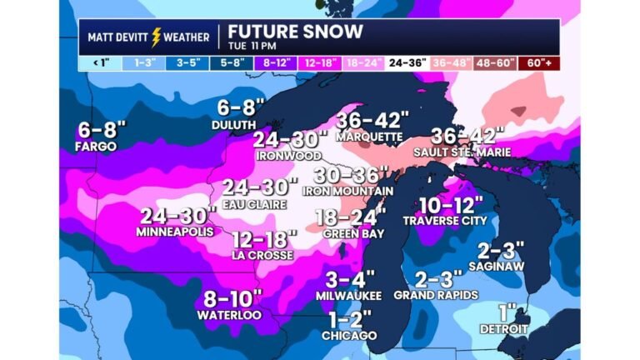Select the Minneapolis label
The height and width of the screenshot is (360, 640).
[x=175, y=231]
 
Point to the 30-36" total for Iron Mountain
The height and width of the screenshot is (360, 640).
[x=352, y=175]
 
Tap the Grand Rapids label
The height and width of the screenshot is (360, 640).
[x=435, y=295]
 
